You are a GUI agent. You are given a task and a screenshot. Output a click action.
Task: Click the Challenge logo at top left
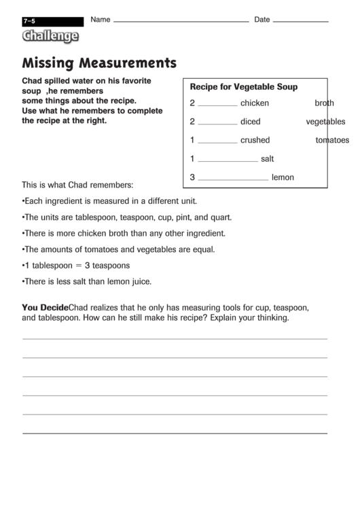[50, 37]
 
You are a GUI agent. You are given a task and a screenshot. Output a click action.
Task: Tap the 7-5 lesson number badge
[29, 22]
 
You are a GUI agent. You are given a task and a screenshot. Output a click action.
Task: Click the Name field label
[100, 20]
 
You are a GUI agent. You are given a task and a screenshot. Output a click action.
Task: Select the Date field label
[262, 20]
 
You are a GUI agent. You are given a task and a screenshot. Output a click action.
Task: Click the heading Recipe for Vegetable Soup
[243, 87]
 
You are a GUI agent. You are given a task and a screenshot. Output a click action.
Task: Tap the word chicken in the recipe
[255, 103]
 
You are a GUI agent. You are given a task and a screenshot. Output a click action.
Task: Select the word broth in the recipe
[324, 103]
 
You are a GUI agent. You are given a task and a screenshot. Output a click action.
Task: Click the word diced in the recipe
[251, 122]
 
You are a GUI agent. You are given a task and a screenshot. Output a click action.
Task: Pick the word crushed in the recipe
[255, 141]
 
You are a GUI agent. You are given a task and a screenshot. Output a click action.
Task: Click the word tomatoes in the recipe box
[332, 141]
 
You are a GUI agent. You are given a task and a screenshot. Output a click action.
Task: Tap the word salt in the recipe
[267, 159]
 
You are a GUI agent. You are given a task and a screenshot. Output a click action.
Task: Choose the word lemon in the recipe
[283, 177]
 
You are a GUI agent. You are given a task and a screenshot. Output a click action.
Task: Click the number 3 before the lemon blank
[192, 177]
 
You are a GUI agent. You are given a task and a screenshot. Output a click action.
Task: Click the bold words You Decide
[45, 307]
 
